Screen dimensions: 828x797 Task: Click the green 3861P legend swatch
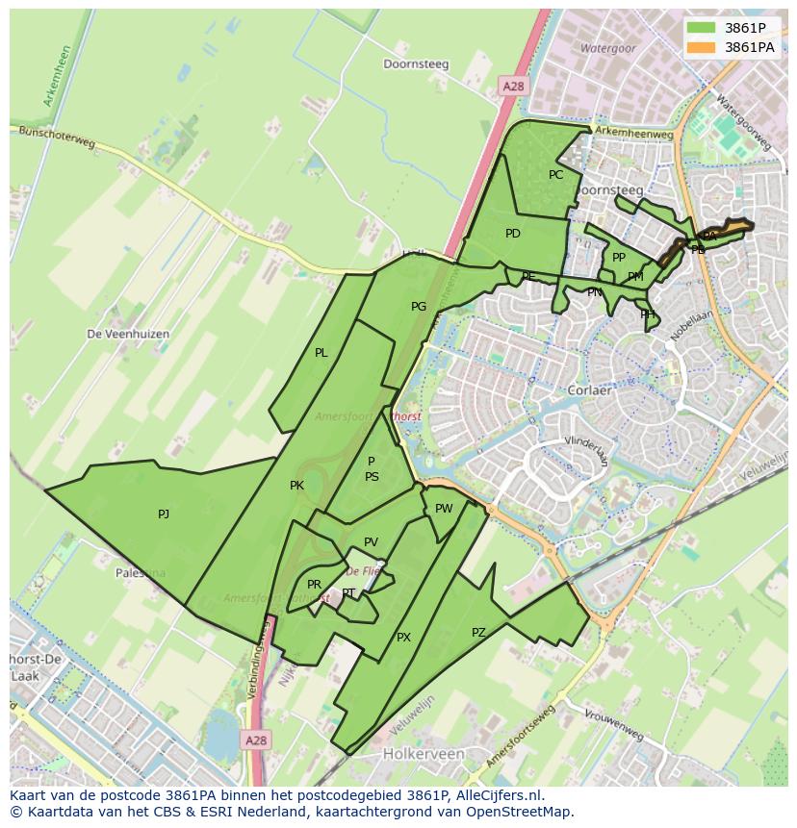[700, 28]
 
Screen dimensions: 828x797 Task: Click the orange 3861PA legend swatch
[700, 47]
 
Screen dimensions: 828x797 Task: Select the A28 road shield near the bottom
[254, 740]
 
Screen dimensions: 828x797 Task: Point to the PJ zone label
[164, 514]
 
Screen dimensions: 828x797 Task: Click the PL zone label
[321, 353]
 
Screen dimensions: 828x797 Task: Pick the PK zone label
[296, 486]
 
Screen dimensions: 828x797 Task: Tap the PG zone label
[419, 307]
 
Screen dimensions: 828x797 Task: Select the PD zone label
[513, 234]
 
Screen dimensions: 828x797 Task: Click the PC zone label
[555, 175]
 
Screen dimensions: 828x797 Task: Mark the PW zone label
[444, 509]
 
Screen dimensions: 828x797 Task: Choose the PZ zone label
[478, 632]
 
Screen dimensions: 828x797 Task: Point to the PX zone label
[403, 637]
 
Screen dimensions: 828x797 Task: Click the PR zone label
[314, 585]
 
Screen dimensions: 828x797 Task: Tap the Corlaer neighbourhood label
[591, 391]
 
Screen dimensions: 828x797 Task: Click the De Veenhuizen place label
[128, 334]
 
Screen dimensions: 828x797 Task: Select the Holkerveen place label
[424, 754]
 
